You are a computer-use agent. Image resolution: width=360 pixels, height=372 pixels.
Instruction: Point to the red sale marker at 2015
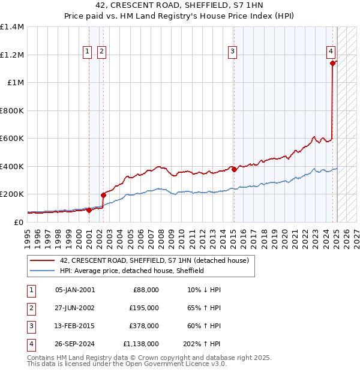point(234,169)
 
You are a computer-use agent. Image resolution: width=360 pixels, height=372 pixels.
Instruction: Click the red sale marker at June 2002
point(103,195)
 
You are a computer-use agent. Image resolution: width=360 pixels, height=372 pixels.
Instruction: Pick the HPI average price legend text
point(132,271)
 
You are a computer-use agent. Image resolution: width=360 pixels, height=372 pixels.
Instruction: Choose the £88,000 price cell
point(145,290)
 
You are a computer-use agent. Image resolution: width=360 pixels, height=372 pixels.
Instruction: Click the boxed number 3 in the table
point(31,326)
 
